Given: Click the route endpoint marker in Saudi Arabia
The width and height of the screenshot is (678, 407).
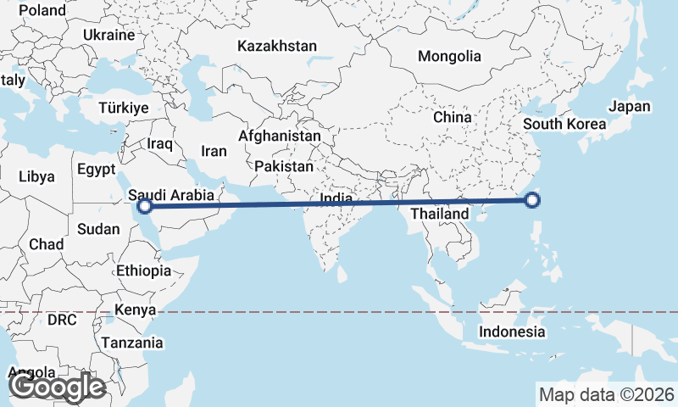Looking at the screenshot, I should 145,205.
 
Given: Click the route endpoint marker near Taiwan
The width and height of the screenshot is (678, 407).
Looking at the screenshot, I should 532,200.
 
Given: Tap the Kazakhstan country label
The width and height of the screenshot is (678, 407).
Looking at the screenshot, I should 277,46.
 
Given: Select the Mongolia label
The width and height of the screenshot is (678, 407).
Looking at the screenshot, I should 449,57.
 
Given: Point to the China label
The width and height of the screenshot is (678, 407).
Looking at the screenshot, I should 452,117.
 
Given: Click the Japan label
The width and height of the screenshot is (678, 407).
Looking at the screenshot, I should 630,107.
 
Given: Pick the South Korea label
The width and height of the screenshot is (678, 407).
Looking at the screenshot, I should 564,124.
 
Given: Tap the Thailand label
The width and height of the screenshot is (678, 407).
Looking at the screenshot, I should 440,215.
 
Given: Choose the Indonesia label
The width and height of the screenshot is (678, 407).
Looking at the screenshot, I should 512,332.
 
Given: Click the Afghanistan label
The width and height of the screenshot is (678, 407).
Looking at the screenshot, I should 280,136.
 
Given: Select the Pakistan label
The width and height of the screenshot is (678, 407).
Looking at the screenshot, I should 283,167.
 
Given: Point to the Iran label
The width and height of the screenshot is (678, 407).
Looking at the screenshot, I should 214,151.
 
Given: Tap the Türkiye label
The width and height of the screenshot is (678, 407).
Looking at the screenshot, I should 124,109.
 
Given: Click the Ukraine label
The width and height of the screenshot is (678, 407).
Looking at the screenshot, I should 109,35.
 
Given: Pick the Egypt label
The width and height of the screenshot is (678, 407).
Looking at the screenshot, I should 96,169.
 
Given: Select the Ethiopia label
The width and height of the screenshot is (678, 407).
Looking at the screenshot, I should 144,270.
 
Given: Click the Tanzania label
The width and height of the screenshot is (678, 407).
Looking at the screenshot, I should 132,343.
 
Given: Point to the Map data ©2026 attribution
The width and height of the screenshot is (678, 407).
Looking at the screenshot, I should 607,394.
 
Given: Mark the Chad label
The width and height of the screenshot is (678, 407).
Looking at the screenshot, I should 46,244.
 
